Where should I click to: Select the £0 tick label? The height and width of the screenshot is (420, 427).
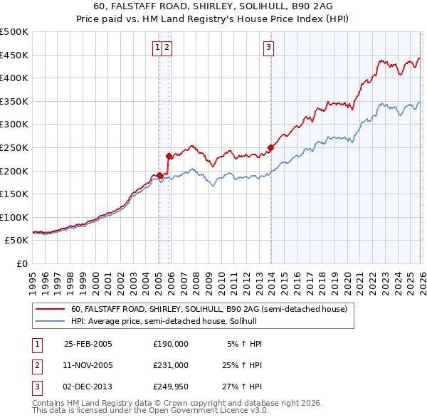[21, 263]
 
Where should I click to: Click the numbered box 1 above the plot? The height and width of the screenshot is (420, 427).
[157, 48]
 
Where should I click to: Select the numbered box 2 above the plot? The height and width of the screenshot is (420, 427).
[167, 48]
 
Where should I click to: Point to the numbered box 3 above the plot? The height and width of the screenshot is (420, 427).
[269, 48]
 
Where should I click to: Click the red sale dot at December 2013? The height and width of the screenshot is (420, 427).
[270, 148]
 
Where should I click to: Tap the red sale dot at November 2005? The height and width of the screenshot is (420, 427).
[169, 157]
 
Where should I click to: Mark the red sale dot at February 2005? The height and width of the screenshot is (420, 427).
[159, 175]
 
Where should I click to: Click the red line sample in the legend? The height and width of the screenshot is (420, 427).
[51, 310]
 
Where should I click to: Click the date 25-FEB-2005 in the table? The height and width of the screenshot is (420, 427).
[88, 344]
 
